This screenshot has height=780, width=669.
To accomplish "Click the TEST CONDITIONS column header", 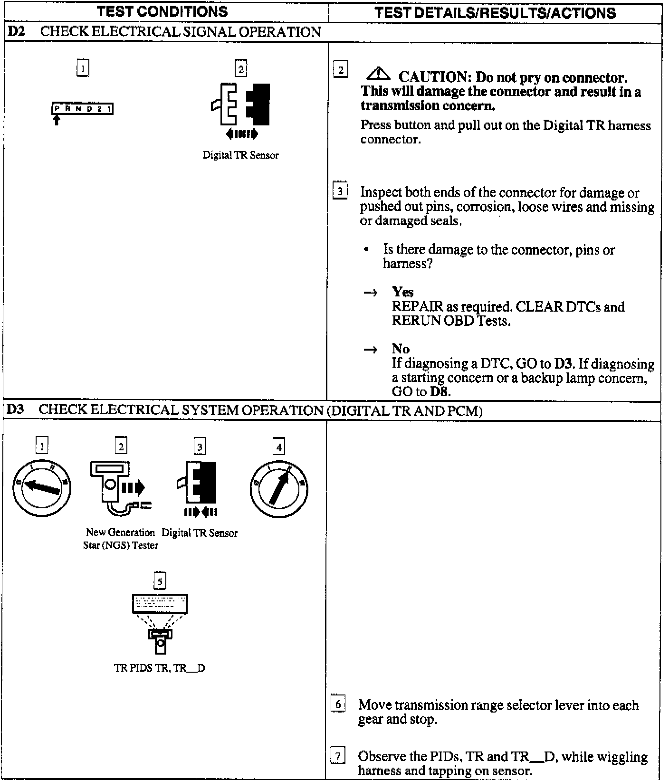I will point(162,12).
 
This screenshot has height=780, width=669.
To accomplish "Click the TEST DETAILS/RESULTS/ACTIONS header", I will point(495,13).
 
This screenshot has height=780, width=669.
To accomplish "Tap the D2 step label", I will point(16,32).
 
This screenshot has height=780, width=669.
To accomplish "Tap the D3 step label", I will point(15,410).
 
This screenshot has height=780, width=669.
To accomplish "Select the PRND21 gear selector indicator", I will point(82,109).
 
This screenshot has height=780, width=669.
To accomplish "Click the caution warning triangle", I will point(378,74).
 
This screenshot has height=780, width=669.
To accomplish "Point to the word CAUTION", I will point(434,77).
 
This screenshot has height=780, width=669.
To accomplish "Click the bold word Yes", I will point(403,292).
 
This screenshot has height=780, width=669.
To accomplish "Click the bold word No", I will point(401,349).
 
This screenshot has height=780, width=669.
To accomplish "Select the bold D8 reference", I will point(440,392).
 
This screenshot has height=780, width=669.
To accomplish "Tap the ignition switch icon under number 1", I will point(42,488).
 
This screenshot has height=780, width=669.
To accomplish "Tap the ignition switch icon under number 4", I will point(279,488).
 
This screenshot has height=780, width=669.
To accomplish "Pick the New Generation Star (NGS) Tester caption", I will point(120,539).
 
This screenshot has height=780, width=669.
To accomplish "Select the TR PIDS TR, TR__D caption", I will point(160,668).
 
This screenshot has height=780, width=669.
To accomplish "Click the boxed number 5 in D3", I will point(160,581).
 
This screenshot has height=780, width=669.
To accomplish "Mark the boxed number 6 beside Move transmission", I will point(337,704).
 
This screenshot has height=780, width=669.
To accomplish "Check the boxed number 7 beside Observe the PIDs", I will point(337,755).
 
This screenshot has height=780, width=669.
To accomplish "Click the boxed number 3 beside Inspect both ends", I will point(340,191).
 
